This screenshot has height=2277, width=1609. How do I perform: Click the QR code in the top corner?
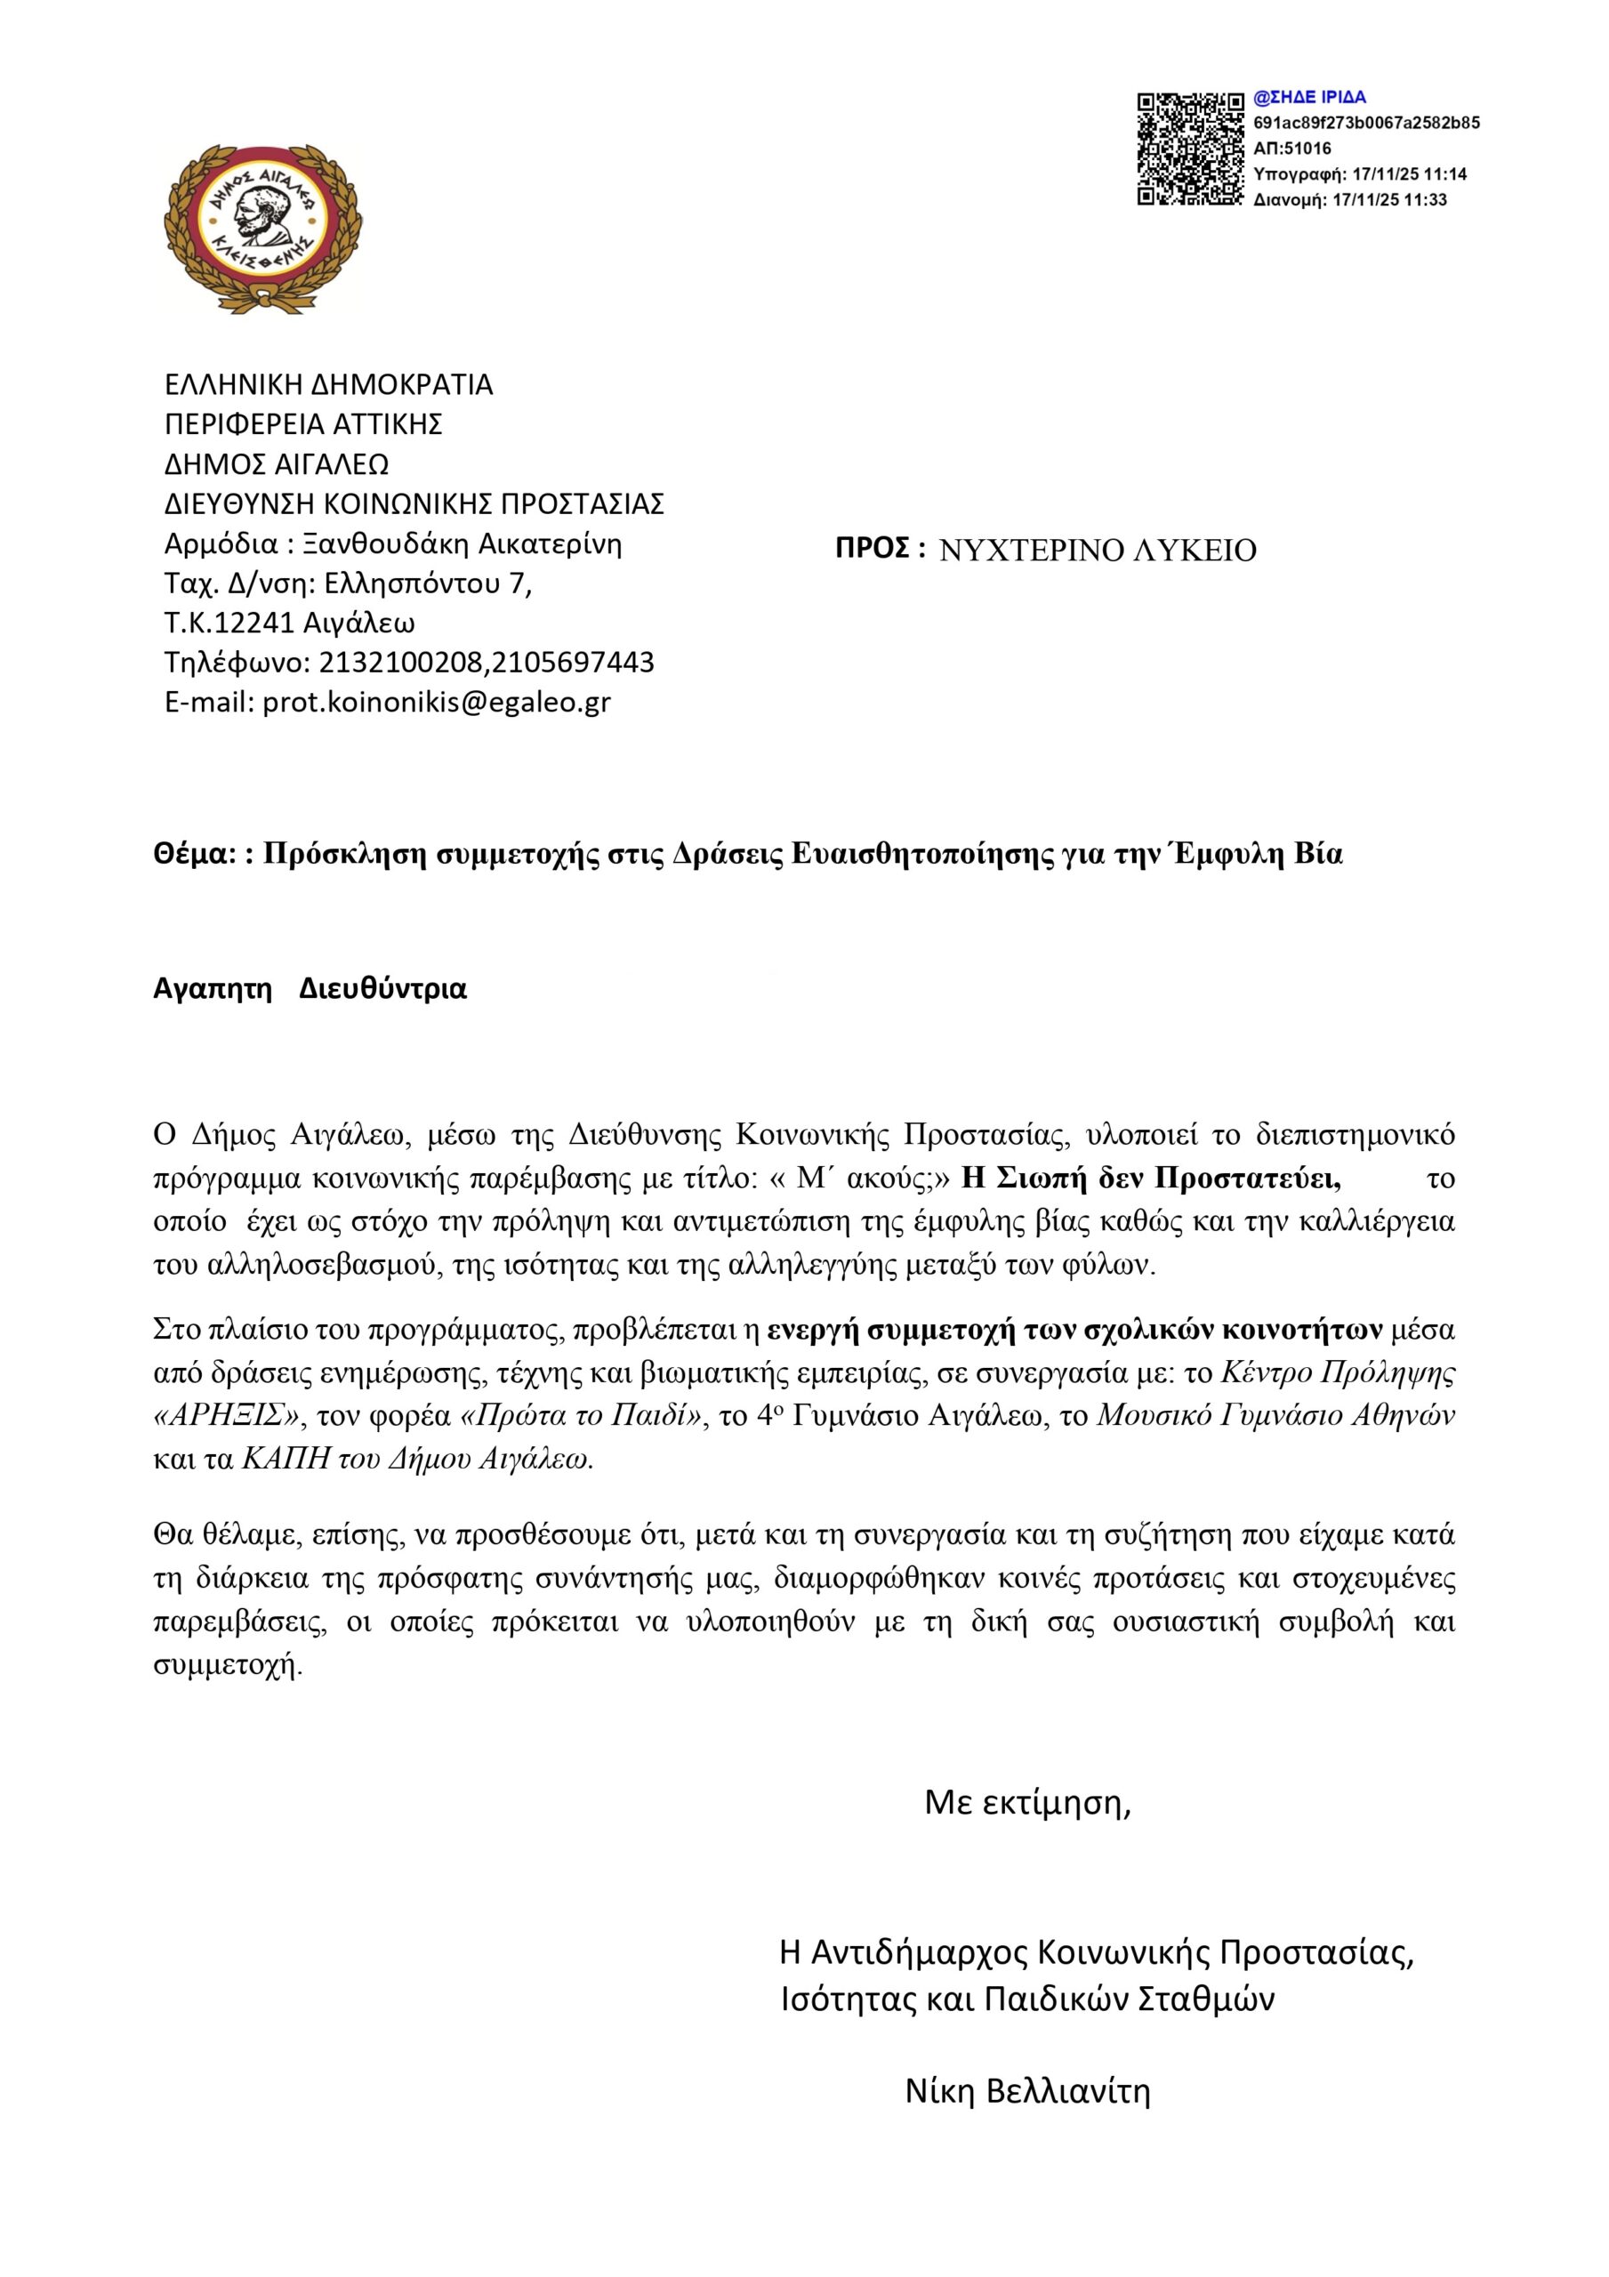click(1189, 149)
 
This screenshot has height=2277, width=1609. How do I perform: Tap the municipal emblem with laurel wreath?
click(263, 227)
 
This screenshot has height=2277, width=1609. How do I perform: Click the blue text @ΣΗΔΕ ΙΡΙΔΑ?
click(1309, 97)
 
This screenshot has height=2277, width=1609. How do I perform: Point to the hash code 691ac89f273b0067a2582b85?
click(1366, 123)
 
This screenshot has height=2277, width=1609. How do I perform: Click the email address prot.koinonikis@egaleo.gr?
click(437, 702)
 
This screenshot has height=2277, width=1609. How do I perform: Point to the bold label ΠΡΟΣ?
click(879, 549)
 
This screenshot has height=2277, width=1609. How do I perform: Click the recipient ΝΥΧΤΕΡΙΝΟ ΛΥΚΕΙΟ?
click(1098, 551)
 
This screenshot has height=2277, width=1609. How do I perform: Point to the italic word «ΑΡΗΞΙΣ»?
click(227, 1416)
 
